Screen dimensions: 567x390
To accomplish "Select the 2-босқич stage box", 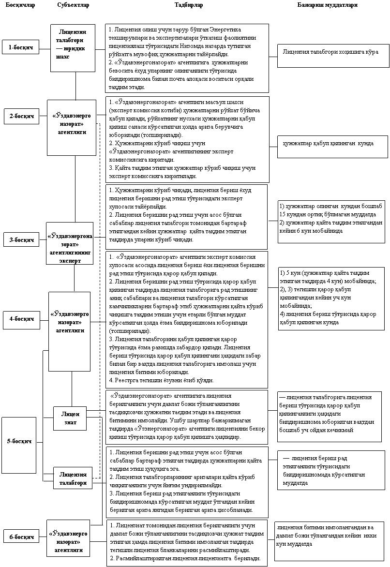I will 21,117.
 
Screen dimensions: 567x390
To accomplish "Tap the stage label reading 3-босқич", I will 21,239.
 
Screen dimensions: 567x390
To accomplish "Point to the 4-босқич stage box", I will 21,319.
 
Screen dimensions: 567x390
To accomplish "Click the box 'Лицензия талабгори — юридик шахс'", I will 70,48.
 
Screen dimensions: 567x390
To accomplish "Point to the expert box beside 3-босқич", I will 70,246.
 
